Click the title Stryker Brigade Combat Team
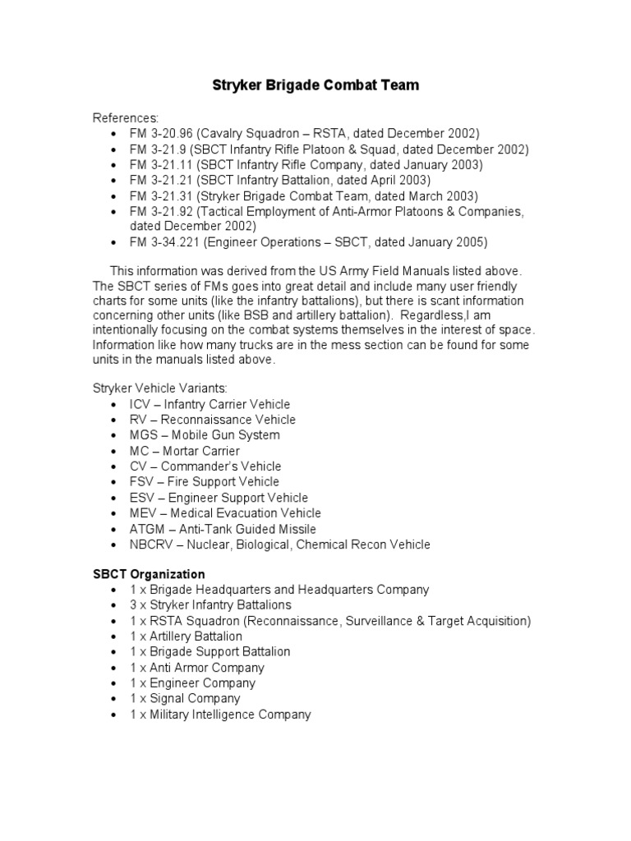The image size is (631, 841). coord(315,85)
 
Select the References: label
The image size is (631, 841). coord(126,117)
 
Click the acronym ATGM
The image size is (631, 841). coord(145,529)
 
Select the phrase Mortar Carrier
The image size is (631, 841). coord(201,451)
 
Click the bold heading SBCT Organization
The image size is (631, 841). coord(149,574)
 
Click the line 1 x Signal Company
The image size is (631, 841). coord(185,699)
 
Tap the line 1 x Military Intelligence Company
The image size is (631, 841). coord(220,715)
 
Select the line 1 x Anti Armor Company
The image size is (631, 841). coord(197,668)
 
